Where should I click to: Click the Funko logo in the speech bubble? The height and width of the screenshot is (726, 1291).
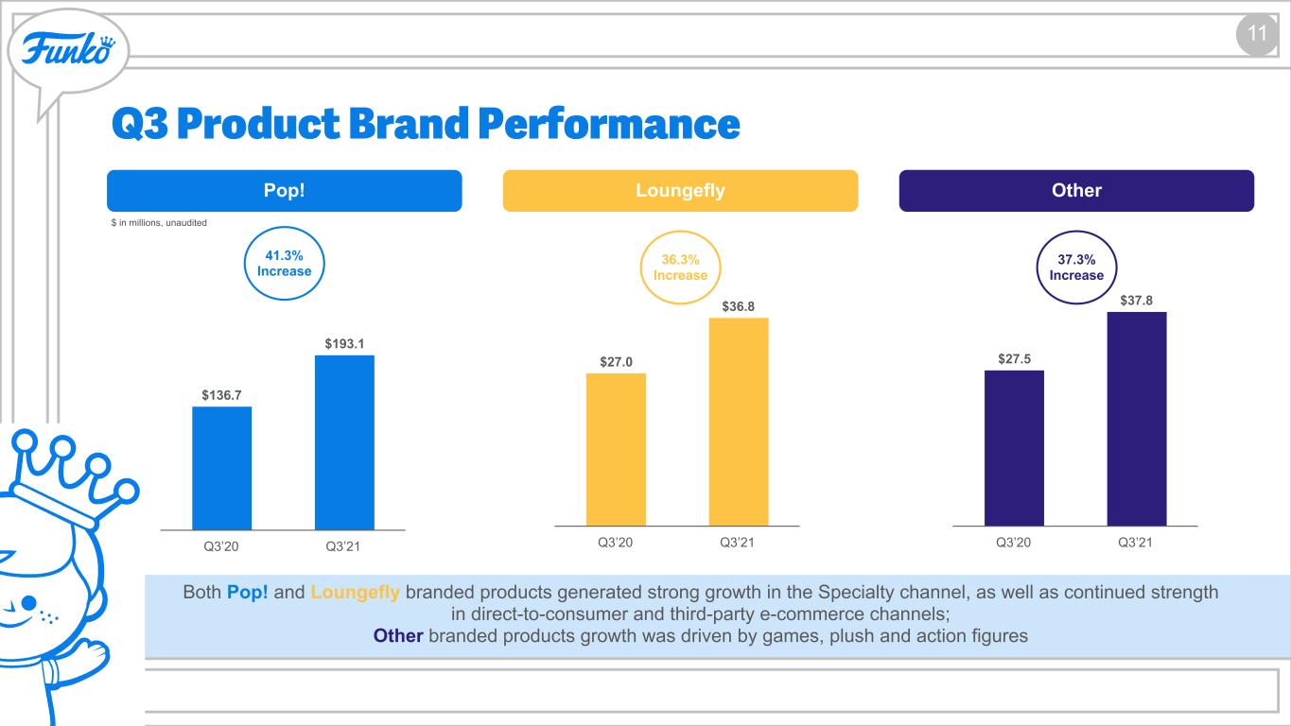pyautogui.click(x=68, y=50)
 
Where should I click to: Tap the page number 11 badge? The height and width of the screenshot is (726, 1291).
pyautogui.click(x=1257, y=33)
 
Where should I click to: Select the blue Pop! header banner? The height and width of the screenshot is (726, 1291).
pyautogui.click(x=284, y=191)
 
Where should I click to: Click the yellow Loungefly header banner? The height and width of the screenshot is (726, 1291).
pyautogui.click(x=680, y=191)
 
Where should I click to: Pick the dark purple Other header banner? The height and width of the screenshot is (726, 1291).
pyautogui.click(x=1076, y=191)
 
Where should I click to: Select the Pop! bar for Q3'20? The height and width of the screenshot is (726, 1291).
pyautogui.click(x=222, y=468)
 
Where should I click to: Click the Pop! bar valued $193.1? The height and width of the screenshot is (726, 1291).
pyautogui.click(x=344, y=442)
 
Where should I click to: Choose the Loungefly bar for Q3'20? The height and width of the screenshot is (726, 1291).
pyautogui.click(x=616, y=449)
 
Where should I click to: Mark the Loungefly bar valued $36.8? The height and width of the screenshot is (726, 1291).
pyautogui.click(x=739, y=422)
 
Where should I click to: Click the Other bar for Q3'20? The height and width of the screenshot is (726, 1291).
pyautogui.click(x=1014, y=448)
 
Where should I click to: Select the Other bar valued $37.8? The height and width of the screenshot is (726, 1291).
pyautogui.click(x=1137, y=419)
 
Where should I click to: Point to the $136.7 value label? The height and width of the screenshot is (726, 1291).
pyautogui.click(x=221, y=395)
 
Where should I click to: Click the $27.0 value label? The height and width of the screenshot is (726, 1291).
pyautogui.click(x=616, y=362)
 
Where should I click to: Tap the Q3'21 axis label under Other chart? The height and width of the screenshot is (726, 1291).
pyautogui.click(x=1135, y=543)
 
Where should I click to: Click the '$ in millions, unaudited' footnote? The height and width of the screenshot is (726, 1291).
pyautogui.click(x=159, y=223)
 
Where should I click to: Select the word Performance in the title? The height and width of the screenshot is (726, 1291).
pyautogui.click(x=609, y=123)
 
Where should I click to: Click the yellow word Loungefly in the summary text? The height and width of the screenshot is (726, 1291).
pyautogui.click(x=355, y=593)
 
